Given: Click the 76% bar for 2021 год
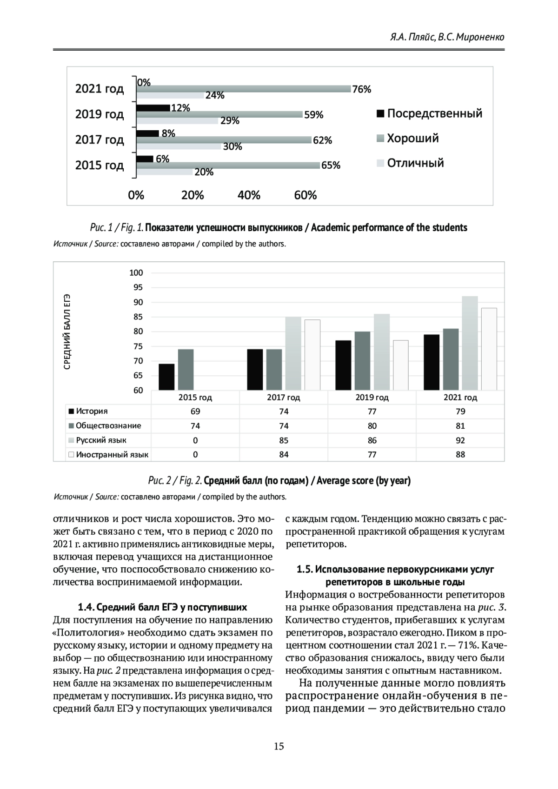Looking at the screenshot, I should tap(243, 89).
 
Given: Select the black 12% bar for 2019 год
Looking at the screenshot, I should tap(153, 108).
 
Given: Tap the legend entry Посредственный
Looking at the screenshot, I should tap(429, 113).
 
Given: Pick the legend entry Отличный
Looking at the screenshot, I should tap(410, 163).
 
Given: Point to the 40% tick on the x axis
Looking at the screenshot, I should tap(249, 195).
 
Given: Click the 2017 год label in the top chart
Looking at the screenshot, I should tap(100, 140).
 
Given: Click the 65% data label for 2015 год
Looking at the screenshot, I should tap(331, 166).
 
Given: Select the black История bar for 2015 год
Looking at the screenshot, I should tap(166, 377).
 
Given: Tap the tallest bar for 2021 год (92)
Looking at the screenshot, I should tap(470, 343).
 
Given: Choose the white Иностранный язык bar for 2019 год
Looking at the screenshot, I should tap(400, 365).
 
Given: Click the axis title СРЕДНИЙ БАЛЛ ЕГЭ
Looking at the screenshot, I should tap(67, 332).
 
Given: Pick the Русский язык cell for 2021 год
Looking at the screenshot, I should tap(460, 440).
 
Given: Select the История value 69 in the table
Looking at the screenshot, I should tap(195, 411).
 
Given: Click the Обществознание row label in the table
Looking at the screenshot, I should tap(108, 426).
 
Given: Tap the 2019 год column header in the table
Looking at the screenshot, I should tap(372, 398).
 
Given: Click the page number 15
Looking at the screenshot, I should tap(279, 747).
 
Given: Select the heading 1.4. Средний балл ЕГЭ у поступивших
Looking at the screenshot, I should tap(162, 607).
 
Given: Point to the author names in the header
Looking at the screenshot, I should tap(447, 37).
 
